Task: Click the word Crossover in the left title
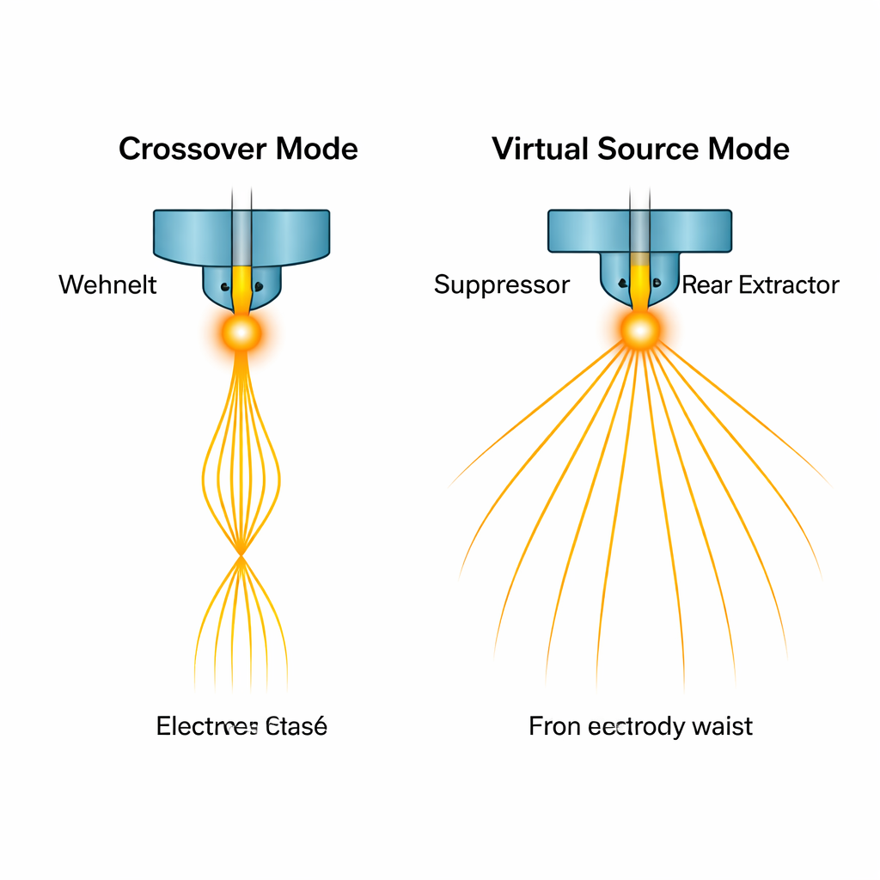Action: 192,149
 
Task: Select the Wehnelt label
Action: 107,284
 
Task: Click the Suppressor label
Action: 501,284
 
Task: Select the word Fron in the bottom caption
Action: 555,726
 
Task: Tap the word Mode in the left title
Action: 316,149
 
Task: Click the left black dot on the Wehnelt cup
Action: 224,287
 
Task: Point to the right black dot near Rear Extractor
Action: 657,282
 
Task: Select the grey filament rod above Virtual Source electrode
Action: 639,228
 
